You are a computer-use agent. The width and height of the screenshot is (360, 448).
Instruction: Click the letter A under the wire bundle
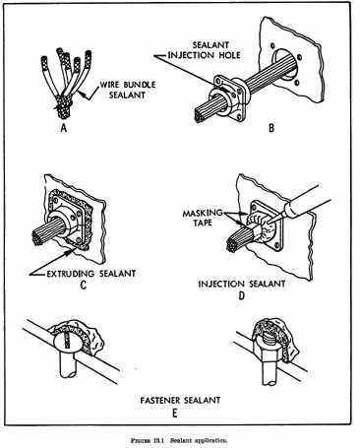[64, 128]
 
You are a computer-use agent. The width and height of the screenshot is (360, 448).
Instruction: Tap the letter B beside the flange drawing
[271, 128]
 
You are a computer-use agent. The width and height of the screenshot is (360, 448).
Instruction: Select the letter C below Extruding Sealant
[84, 286]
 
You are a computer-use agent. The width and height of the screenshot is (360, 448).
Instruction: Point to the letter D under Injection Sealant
[242, 295]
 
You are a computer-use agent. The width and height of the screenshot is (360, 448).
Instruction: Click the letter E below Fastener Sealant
[175, 413]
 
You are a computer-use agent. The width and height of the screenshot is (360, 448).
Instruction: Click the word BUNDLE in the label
[138, 85]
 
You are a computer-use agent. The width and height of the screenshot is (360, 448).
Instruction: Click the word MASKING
[203, 213]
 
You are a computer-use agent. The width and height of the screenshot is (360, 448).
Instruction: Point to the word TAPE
[203, 224]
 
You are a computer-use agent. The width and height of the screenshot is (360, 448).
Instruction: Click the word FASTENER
[160, 401]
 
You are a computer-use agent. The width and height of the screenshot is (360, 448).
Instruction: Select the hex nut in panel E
[267, 352]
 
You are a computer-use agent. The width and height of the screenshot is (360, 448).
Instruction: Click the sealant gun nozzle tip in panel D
[269, 224]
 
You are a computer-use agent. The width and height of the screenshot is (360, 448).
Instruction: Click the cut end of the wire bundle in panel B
[200, 115]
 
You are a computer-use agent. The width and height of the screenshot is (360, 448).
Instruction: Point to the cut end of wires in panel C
[37, 238]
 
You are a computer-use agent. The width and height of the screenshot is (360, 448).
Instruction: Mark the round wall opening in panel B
[284, 65]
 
